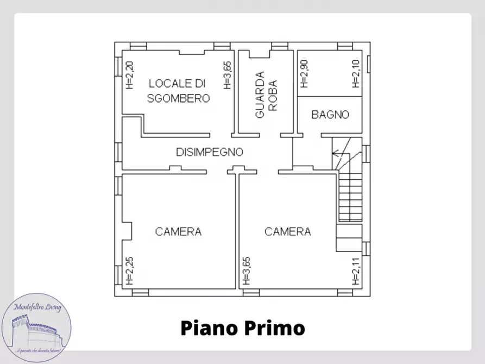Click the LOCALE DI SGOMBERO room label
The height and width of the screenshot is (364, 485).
[x=179, y=91]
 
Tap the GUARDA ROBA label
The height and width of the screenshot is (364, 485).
[x=266, y=95]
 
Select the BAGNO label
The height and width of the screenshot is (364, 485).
[x=330, y=115]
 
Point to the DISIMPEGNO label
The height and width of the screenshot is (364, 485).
[x=209, y=152]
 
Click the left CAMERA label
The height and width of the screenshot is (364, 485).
[x=178, y=231]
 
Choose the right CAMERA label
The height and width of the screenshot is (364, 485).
[x=288, y=231]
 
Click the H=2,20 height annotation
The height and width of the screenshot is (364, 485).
[x=129, y=75]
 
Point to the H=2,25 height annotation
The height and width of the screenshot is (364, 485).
[x=129, y=271]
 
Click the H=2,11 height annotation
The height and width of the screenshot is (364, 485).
[x=356, y=271]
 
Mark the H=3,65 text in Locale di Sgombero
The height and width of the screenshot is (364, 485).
[x=228, y=75]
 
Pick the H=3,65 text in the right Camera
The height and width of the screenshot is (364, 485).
[x=246, y=271]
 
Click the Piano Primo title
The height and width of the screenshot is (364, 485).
[x=242, y=328]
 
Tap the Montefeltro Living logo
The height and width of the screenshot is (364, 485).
[x=36, y=328]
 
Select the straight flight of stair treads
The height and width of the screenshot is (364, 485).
[x=350, y=196]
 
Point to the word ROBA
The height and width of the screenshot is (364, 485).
[x=273, y=95]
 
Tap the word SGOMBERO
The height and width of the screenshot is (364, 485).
[x=179, y=98]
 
